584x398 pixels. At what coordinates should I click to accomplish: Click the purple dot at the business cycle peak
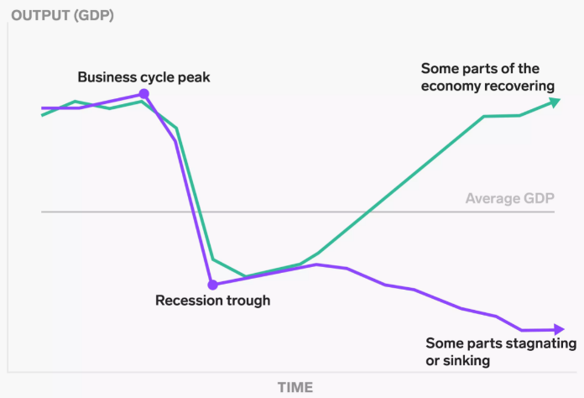point(143,95)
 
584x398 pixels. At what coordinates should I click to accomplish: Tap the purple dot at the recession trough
point(212,284)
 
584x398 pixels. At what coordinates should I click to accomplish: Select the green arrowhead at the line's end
point(555,102)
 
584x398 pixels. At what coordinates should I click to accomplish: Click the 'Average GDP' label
point(511,199)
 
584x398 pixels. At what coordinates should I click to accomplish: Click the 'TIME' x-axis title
point(295,387)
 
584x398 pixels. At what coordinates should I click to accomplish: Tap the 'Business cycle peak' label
point(143,77)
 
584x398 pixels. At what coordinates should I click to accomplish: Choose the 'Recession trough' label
point(213,300)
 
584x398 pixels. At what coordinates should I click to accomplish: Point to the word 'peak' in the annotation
point(194,77)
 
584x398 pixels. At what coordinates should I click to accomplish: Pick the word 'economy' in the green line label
point(451,86)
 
